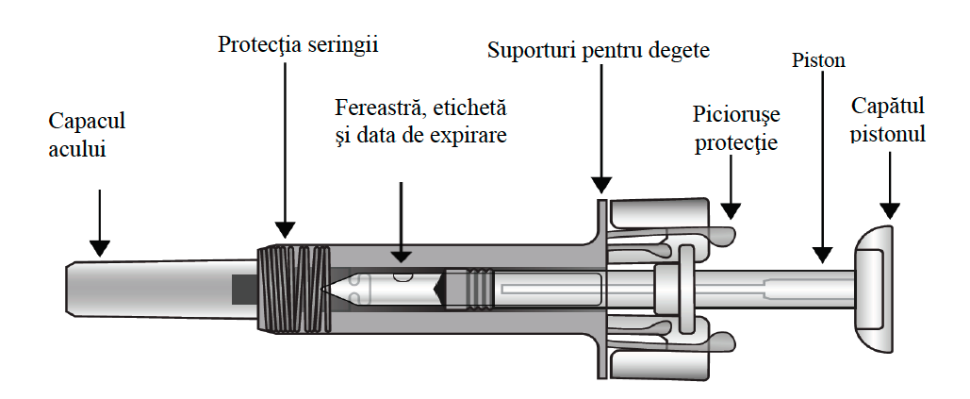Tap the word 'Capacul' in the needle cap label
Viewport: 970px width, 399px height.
(87, 121)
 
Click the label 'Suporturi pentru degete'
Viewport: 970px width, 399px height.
(598, 48)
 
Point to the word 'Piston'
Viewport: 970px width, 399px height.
(817, 62)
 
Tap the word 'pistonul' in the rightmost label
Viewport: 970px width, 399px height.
(888, 134)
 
